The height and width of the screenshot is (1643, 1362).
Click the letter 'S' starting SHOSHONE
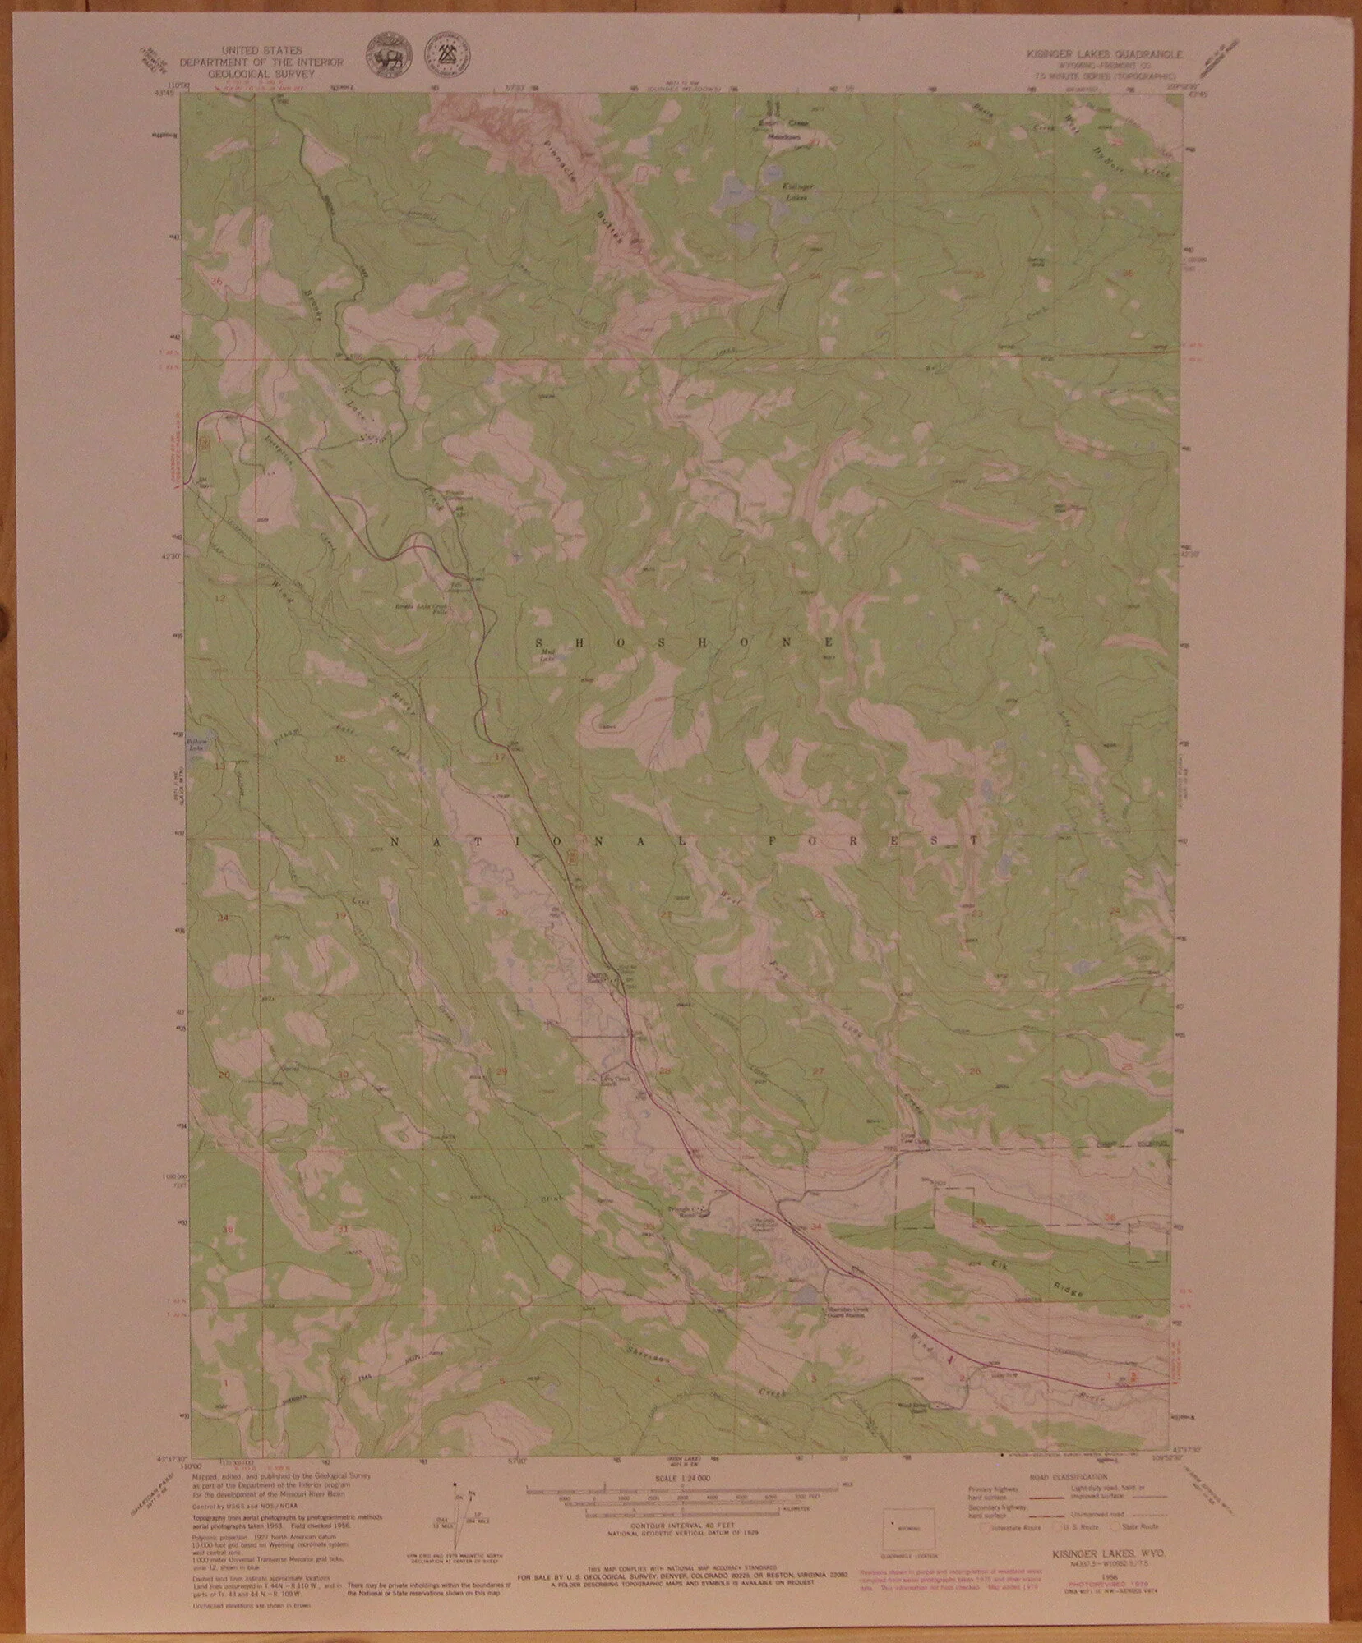pyautogui.click(x=538, y=641)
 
